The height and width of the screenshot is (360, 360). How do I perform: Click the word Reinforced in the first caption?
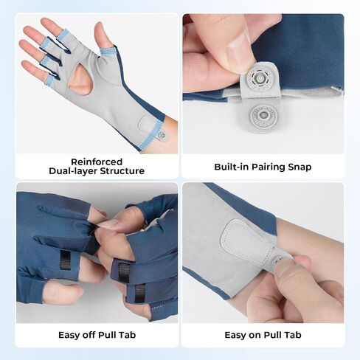coord(97,162)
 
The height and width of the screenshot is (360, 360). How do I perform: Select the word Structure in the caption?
coord(125,171)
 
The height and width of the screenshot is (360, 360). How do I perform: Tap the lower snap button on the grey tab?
coord(264,117)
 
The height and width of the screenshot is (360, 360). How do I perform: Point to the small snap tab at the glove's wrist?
coord(162,135)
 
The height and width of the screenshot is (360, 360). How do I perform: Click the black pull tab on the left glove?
coord(65,260)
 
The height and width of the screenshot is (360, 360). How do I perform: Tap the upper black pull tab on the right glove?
coord(124,271)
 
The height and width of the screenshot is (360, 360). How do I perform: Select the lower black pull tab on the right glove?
coord(140,293)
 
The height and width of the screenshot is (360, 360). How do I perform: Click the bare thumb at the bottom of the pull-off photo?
coord(63,294)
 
